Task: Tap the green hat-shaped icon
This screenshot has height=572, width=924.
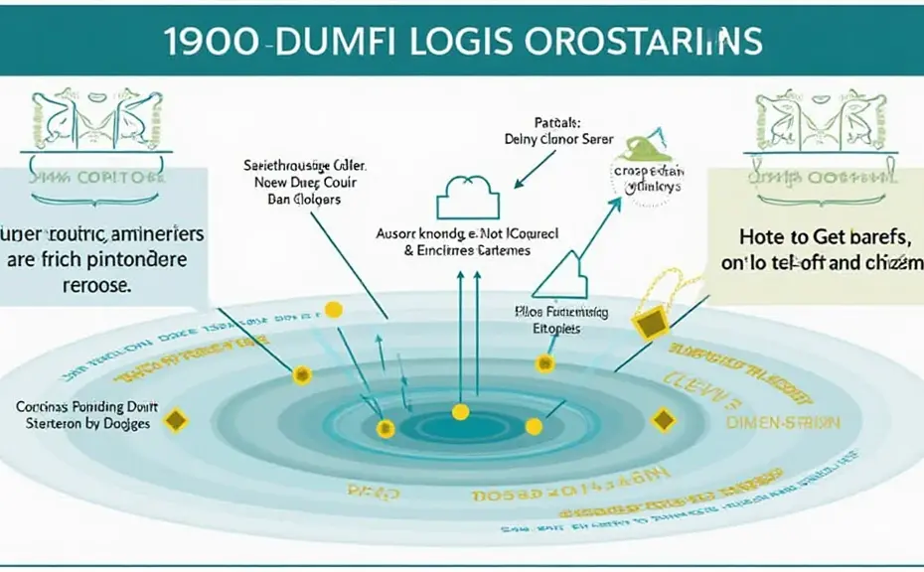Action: (637, 148)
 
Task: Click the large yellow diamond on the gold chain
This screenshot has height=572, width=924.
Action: (650, 322)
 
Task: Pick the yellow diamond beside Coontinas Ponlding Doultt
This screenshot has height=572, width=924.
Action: (176, 421)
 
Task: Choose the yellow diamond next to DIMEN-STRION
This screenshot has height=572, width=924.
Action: (663, 420)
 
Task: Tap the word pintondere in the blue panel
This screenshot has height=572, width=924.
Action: (145, 260)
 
